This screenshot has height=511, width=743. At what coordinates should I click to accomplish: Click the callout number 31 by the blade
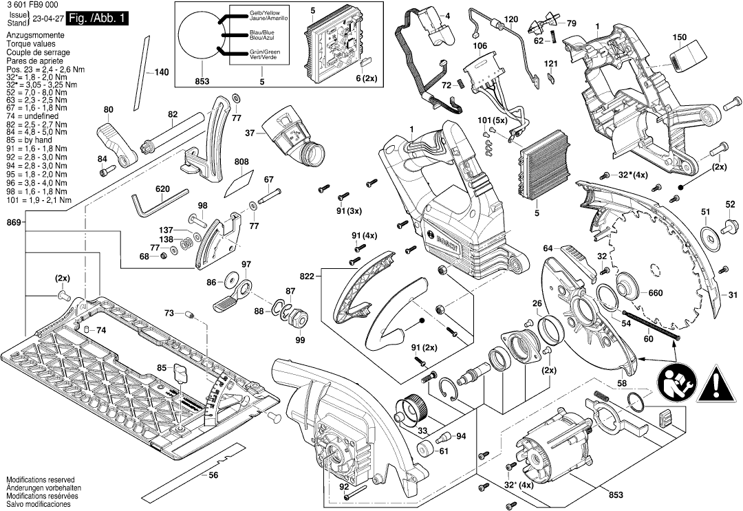pyautogui.click(x=732, y=295)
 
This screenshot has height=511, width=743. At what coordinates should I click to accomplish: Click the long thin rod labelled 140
pyautogui.click(x=147, y=65)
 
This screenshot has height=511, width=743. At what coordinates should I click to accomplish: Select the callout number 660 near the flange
pyautogui.click(x=655, y=294)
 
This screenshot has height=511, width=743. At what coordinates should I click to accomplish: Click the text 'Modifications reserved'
pyautogui.click(x=40, y=479)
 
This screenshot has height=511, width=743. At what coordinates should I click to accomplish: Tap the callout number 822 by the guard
pyautogui.click(x=307, y=276)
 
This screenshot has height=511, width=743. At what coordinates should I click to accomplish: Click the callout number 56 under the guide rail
pyautogui.click(x=213, y=475)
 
